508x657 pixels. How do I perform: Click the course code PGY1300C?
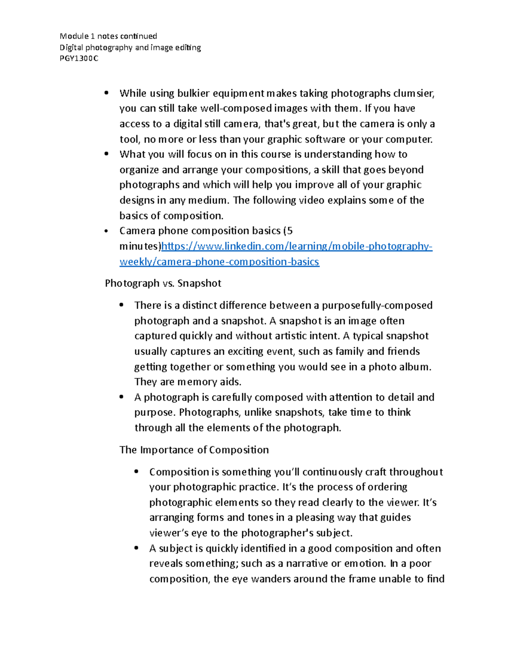pyautogui.click(x=79, y=58)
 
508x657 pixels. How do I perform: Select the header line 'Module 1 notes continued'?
pyautogui.click(x=108, y=36)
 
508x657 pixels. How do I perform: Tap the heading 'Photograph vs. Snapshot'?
pyautogui.click(x=163, y=283)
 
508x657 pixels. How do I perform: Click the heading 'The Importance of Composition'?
pyautogui.click(x=194, y=450)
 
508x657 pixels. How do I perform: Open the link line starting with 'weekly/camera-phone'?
pyautogui.click(x=219, y=262)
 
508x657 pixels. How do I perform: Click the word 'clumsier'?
pyautogui.click(x=414, y=93)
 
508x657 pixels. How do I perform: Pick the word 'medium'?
pyautogui.click(x=207, y=200)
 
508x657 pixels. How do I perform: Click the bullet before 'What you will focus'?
pyautogui.click(x=106, y=154)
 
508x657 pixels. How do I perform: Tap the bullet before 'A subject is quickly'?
pyautogui.click(x=136, y=548)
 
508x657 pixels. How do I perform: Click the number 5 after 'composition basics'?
pyautogui.click(x=289, y=231)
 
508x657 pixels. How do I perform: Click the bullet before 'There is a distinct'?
pyautogui.click(x=121, y=305)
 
